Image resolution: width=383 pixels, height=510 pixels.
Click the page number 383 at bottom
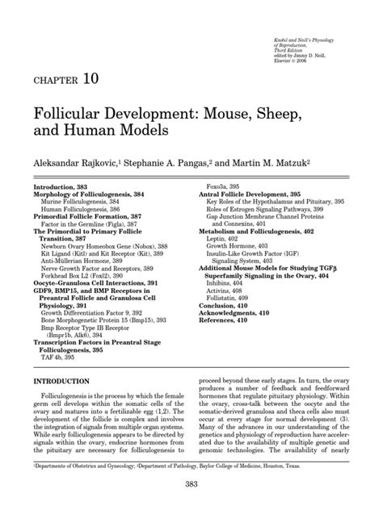[191, 483]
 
